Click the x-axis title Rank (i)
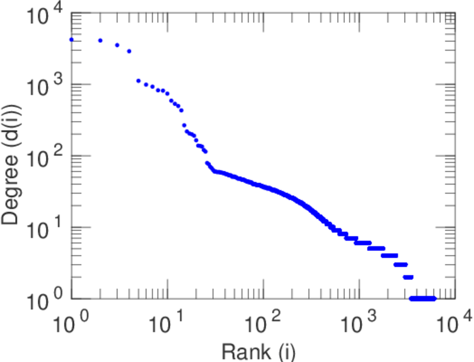(259, 351)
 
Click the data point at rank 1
(72, 40)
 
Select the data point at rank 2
(100, 40)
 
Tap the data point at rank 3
(117, 45)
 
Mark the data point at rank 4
(129, 51)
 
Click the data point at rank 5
(138, 80)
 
